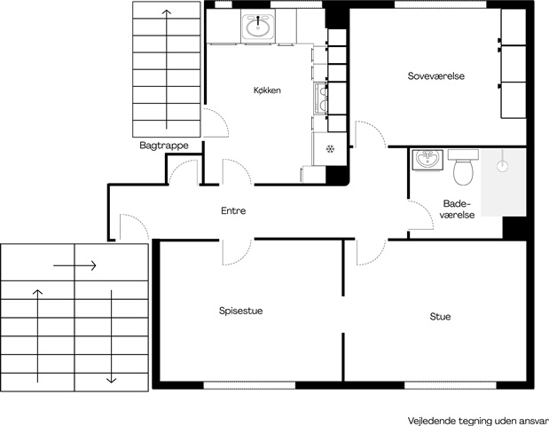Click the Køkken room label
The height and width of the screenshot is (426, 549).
click(x=267, y=90)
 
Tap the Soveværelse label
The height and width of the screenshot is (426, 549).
click(x=435, y=76)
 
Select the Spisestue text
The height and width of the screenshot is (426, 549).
click(x=240, y=311)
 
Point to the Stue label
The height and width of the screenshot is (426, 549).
click(x=440, y=317)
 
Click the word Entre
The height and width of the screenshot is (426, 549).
click(x=233, y=210)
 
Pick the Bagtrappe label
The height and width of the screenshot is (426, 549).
click(x=164, y=146)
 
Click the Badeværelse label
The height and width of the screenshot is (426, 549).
click(x=457, y=209)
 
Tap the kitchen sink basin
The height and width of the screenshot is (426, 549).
click(x=258, y=27)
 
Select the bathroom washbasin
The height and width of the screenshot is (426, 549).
click(x=427, y=160)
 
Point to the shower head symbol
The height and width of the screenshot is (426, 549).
click(x=503, y=165)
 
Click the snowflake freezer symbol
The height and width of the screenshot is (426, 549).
click(x=330, y=149)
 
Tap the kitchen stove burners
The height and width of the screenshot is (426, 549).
click(x=321, y=99)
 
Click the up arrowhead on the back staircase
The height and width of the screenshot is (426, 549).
click(x=167, y=12)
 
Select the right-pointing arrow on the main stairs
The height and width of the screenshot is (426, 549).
click(x=75, y=265)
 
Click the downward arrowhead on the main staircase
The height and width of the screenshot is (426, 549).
click(x=111, y=380)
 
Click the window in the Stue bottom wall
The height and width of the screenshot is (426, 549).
click(x=451, y=385)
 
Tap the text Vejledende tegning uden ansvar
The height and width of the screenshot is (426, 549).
click(x=478, y=421)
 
